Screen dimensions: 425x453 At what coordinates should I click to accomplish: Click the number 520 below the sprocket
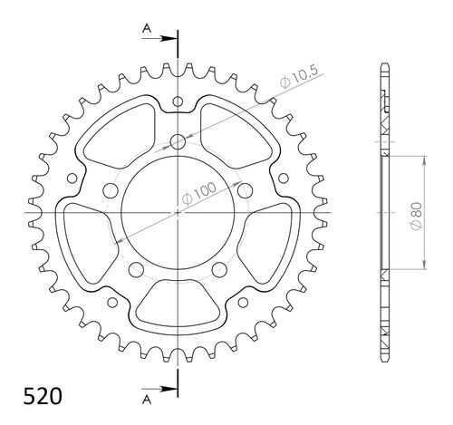click(x=30, y=397)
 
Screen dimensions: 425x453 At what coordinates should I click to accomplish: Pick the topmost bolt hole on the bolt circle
click(x=178, y=141)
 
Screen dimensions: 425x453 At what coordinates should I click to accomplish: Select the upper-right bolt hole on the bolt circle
click(x=245, y=189)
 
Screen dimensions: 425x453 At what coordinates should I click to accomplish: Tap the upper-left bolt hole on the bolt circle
click(x=111, y=189)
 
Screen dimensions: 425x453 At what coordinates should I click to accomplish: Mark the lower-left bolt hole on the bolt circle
click(x=136, y=268)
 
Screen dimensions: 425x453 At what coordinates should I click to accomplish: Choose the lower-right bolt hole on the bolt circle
click(x=219, y=268)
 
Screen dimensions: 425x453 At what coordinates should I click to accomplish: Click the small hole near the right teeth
click(x=284, y=178)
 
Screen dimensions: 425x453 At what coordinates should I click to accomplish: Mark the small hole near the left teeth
click(x=71, y=178)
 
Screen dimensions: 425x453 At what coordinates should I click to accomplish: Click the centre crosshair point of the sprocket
click(x=178, y=211)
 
